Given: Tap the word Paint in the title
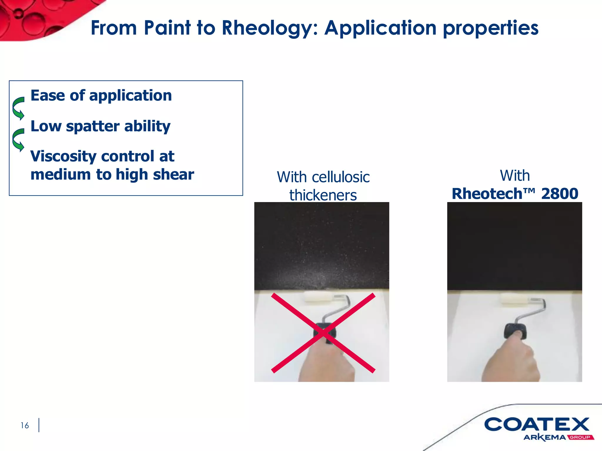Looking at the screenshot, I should click(x=168, y=28).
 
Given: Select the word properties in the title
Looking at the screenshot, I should click(x=491, y=28).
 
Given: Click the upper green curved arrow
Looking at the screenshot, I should click(x=18, y=108).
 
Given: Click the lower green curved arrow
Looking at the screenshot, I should click(x=18, y=140).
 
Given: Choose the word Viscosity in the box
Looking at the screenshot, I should click(x=63, y=156).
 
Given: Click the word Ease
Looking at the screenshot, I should click(x=48, y=95).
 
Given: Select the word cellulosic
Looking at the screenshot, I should click(x=340, y=177).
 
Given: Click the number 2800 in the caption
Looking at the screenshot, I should click(x=560, y=194).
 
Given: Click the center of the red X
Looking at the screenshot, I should click(x=323, y=333).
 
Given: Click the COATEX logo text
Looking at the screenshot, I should click(x=536, y=424).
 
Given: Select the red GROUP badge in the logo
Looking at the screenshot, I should click(x=580, y=437).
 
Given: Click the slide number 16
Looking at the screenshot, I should click(x=25, y=425).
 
